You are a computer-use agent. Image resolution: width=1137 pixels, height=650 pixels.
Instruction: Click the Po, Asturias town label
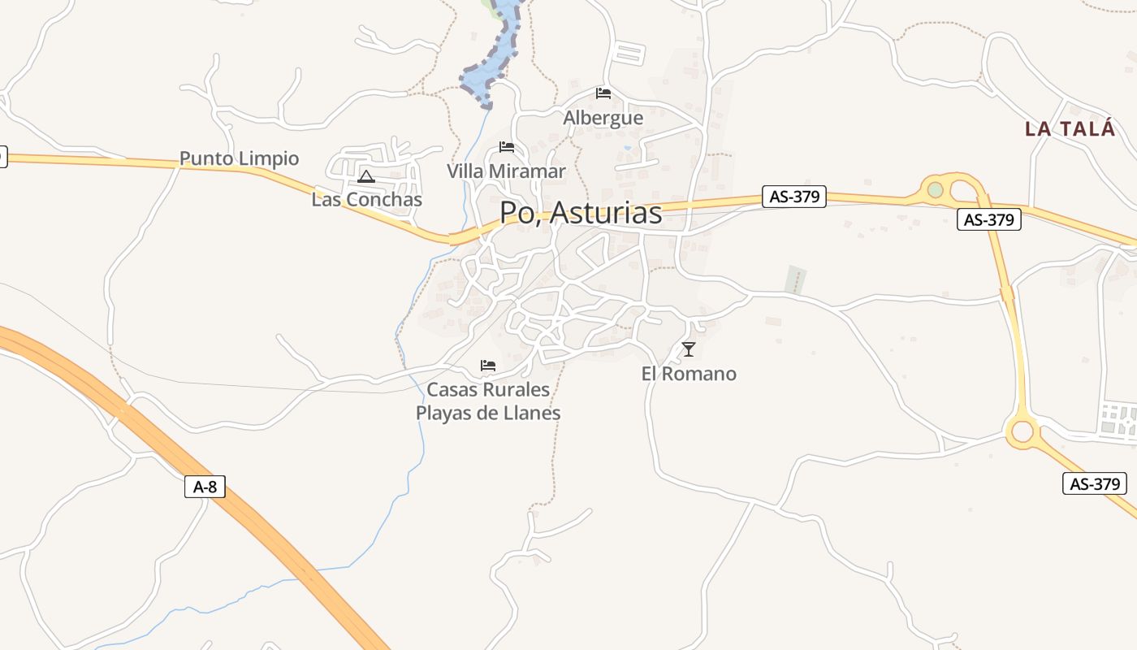[x=580, y=213]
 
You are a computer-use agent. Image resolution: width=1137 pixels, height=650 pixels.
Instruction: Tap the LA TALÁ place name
[x=1070, y=128]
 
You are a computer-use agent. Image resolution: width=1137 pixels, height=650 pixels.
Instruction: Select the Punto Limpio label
[x=239, y=158]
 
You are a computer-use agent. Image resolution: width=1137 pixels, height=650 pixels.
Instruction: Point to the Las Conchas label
[x=367, y=199]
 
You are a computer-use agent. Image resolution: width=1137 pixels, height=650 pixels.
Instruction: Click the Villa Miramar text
[x=506, y=171]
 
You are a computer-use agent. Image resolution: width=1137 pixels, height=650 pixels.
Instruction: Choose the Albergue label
[x=603, y=118]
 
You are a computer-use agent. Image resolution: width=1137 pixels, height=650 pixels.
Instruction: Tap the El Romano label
[x=689, y=374]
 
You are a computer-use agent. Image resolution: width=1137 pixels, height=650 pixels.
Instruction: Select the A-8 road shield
[x=205, y=487]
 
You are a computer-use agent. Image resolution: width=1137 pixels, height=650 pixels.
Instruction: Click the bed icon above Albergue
[x=603, y=93]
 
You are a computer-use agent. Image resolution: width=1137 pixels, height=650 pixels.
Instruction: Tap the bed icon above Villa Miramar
[x=507, y=147]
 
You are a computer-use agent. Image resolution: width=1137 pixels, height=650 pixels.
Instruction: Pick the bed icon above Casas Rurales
[x=488, y=366]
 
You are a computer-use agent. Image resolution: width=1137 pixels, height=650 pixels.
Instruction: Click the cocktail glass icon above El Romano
[x=689, y=349]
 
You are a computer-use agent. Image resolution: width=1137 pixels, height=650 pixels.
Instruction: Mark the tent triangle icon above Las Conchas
[x=366, y=176]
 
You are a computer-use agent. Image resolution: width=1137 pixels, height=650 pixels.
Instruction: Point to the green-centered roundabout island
[x=936, y=189]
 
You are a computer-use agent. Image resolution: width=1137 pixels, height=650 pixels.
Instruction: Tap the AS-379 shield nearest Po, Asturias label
[x=794, y=197]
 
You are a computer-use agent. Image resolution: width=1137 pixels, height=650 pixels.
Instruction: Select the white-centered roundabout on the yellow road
[x=1022, y=431]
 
